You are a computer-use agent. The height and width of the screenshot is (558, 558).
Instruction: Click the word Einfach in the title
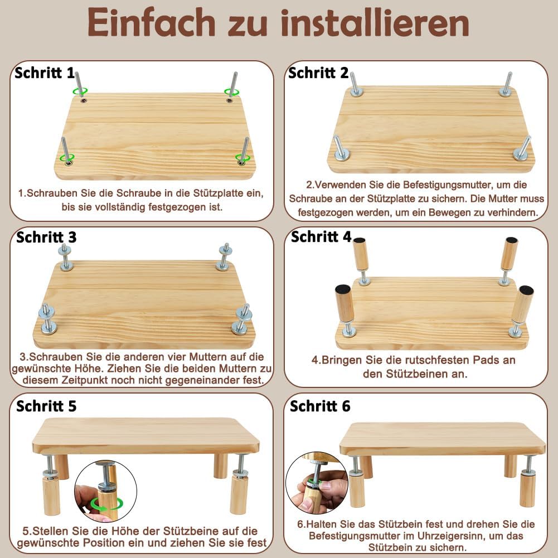click(151, 22)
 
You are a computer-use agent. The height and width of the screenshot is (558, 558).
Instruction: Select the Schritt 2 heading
click(318, 72)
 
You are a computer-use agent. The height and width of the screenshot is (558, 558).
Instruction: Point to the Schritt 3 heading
click(46, 237)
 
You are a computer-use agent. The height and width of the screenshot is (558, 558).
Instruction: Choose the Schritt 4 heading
click(321, 236)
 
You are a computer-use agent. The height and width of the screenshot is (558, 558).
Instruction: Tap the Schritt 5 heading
click(46, 406)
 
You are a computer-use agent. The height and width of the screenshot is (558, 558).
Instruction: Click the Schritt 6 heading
click(320, 406)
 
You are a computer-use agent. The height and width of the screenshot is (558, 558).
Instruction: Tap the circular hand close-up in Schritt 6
click(317, 483)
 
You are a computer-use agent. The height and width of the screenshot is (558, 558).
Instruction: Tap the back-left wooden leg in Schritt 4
click(360, 255)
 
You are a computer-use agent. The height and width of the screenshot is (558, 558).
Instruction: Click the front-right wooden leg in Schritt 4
click(522, 304)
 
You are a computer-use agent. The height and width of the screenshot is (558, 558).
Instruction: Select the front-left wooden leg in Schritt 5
click(51, 496)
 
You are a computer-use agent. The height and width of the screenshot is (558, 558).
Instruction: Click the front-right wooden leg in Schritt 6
click(527, 489)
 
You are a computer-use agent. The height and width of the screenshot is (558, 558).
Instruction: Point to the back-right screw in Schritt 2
click(507, 84)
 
